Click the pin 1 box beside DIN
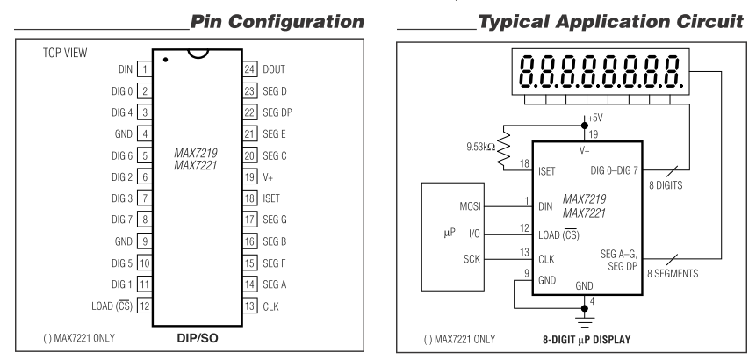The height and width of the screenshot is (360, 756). [x=142, y=67]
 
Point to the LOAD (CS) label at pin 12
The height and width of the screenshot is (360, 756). [x=103, y=306]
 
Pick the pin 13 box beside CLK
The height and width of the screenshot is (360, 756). [x=248, y=306]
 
